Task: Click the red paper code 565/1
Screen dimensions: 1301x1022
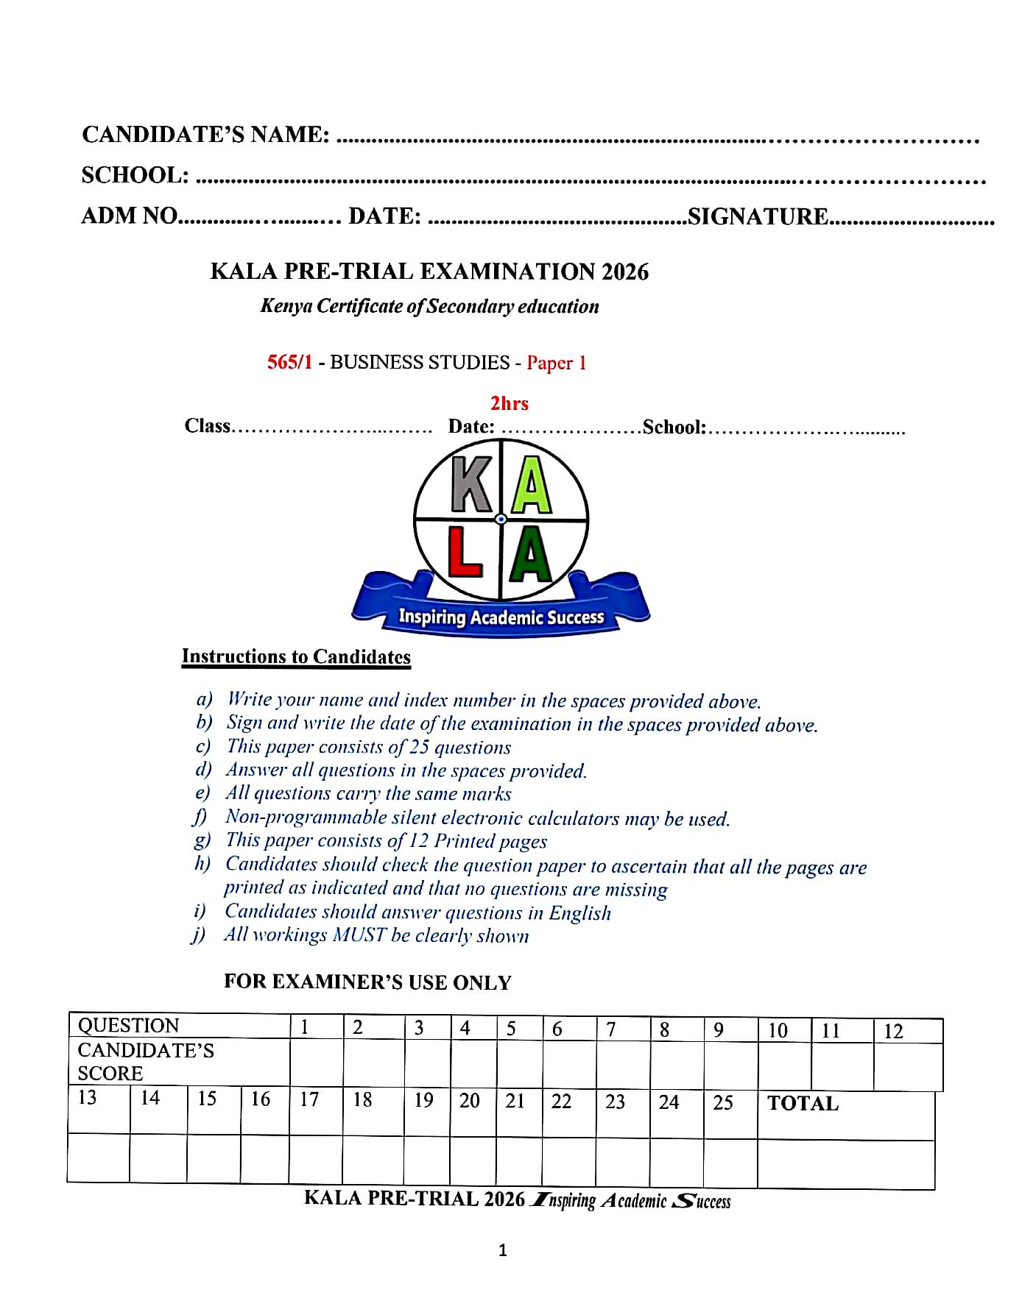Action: click(x=289, y=362)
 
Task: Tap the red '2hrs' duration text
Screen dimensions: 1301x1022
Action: click(x=510, y=403)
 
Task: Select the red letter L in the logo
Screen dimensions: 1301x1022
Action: click(x=465, y=555)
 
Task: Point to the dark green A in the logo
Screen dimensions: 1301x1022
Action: click(x=531, y=556)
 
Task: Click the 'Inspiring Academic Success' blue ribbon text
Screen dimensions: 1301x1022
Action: click(x=501, y=617)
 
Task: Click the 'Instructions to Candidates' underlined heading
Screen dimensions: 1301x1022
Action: click(x=296, y=656)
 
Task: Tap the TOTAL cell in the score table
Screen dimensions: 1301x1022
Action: click(x=803, y=1103)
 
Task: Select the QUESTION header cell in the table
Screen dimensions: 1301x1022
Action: click(x=129, y=1025)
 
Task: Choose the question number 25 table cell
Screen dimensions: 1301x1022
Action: click(x=723, y=1102)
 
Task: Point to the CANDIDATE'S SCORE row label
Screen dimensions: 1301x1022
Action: click(x=146, y=1061)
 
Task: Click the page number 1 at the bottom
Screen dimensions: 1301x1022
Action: click(x=502, y=1249)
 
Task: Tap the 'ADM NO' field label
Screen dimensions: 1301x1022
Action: click(x=130, y=216)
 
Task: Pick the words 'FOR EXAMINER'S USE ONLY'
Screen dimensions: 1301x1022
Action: click(x=367, y=982)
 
